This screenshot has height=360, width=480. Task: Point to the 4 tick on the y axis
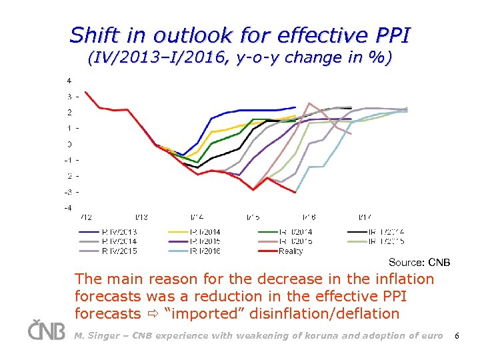tap(69, 81)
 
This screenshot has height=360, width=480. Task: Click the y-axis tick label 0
tap(69, 144)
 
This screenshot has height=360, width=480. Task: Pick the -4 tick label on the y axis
tap(68, 207)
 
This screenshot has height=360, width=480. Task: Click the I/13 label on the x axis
tap(142, 217)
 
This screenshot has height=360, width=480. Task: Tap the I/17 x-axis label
tap(365, 217)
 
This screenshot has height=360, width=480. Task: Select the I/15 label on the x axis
tap(253, 217)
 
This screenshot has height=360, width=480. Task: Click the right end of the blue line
tap(295, 107)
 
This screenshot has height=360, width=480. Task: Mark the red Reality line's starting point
tap(85, 92)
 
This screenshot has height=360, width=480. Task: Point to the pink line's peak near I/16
tap(309, 103)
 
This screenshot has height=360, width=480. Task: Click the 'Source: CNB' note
tap(419, 263)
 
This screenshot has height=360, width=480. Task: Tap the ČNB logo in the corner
tap(47, 331)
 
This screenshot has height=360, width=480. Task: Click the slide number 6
tap(457, 336)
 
